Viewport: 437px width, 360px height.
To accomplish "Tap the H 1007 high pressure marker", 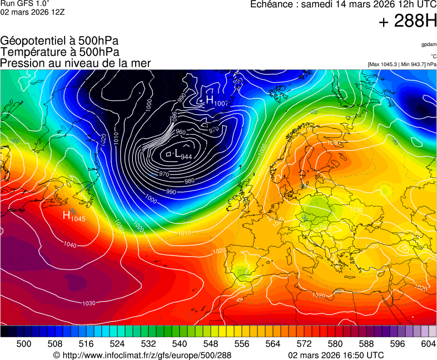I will point(216,101).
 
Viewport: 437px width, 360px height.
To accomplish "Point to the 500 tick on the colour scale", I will point(24,344).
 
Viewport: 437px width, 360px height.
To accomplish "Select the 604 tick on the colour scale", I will point(429,344).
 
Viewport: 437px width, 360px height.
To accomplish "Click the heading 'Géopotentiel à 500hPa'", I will point(59,41).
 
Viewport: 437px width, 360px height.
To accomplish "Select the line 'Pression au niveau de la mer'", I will point(76,63).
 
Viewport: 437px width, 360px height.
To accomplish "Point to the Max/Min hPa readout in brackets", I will point(402,64).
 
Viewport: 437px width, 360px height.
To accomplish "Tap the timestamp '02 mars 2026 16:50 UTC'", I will point(336,355).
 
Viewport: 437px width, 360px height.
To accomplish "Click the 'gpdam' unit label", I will point(429,44).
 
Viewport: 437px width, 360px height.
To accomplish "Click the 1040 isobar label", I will point(70,245).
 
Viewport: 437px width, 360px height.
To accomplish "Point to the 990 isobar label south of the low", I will point(171,192).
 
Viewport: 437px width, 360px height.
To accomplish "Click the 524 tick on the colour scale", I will point(117,344).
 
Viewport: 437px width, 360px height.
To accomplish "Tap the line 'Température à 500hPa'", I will point(59,52).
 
